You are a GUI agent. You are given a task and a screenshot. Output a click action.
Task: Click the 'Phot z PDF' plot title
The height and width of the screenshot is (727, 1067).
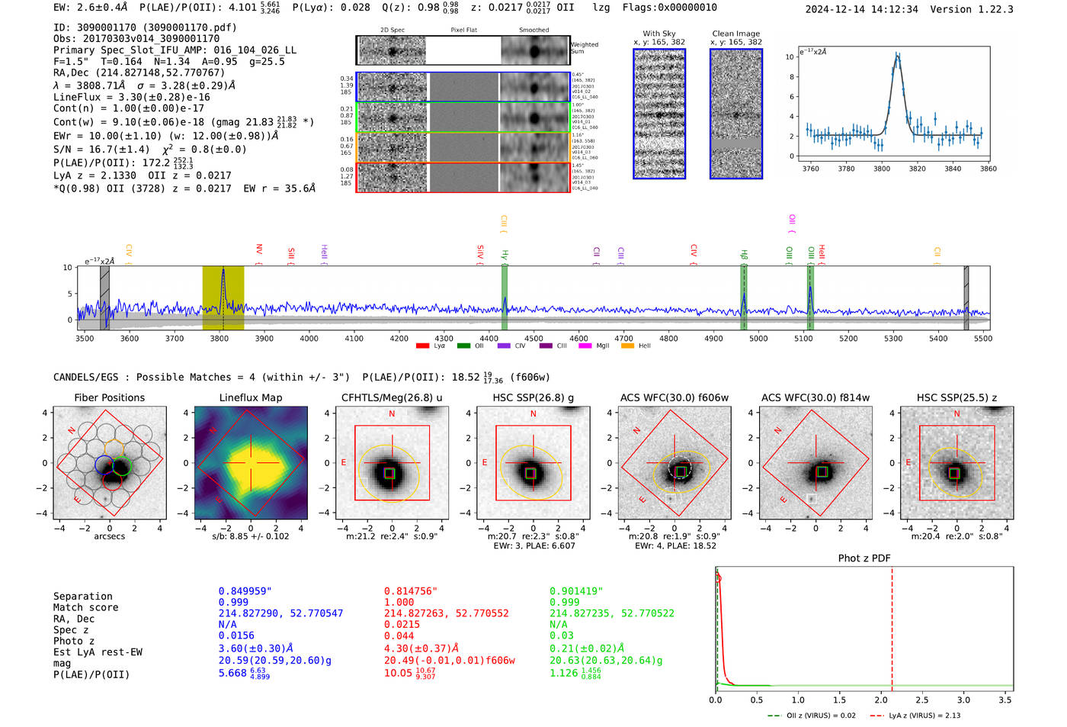point(864,558)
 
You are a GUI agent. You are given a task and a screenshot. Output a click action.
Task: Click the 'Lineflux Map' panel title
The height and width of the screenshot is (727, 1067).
point(251,397)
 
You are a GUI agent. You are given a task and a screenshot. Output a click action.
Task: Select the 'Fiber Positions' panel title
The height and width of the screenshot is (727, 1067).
point(110,397)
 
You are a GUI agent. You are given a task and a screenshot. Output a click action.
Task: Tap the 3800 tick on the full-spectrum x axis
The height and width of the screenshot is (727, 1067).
point(219,338)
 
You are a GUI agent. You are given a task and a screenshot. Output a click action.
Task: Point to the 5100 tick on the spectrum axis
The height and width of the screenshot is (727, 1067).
point(803,338)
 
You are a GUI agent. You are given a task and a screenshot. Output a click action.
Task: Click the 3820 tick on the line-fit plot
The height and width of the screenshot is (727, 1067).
point(917,169)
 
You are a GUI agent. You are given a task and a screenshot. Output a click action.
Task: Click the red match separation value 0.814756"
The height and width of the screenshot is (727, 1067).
point(411,591)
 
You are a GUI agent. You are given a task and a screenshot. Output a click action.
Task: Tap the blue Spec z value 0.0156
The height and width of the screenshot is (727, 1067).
point(236,635)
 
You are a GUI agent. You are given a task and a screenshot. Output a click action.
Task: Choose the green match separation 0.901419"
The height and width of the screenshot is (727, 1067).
point(576,591)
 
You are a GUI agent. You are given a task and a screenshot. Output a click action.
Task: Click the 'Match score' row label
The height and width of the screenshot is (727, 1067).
point(86,608)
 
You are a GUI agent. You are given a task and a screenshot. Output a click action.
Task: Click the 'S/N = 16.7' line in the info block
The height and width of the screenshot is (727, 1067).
point(101,150)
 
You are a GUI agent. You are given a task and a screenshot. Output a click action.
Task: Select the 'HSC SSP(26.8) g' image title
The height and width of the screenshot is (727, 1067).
point(533,397)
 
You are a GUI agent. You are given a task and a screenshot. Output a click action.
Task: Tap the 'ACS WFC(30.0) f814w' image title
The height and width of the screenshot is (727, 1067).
point(815,397)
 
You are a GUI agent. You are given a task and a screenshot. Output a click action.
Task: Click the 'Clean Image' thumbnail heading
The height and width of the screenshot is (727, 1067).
point(736,34)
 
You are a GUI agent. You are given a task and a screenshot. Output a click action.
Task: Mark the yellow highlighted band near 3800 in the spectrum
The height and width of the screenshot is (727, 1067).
point(223,298)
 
